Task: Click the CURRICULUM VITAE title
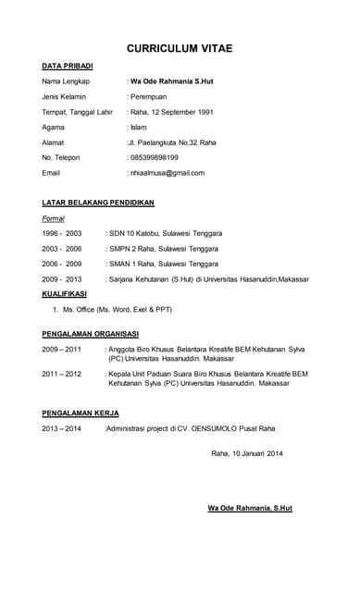coord(180,48)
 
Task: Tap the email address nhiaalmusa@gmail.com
coord(168,173)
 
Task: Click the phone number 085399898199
coord(155,157)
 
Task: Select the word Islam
coord(138,128)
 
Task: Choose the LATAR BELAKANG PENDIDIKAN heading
coord(98,203)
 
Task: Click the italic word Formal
coord(54,218)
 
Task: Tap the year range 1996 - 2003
coord(62,233)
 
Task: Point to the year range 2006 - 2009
coord(62,264)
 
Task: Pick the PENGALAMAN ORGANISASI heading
coord(91,333)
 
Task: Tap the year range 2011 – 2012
coord(62,374)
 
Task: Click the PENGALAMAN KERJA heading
coord(81,413)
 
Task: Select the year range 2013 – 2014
coord(62,428)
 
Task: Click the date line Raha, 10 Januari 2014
coord(247,453)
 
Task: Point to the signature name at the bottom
coord(250,509)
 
